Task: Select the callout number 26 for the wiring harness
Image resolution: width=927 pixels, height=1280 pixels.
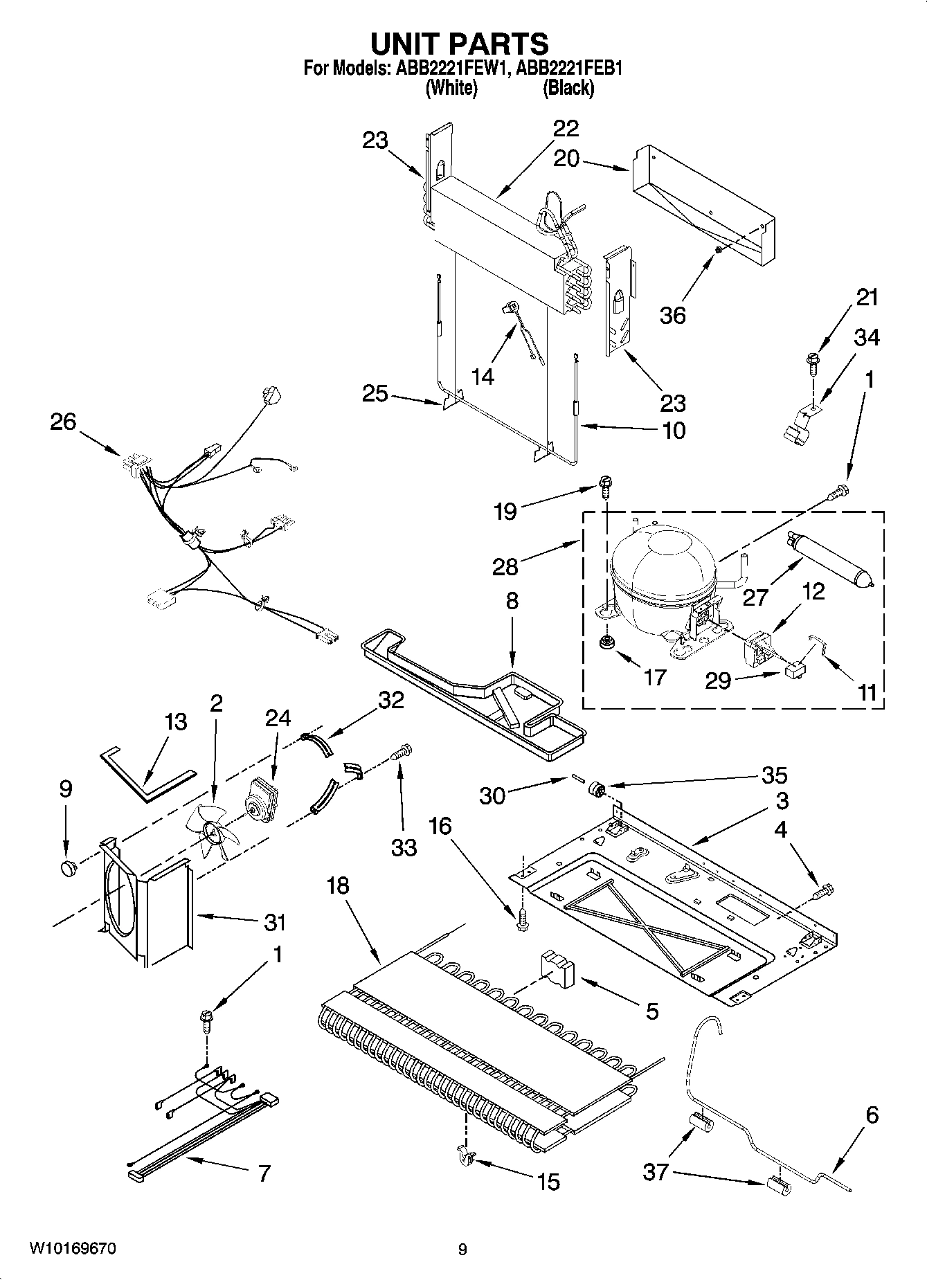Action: pyautogui.click(x=63, y=422)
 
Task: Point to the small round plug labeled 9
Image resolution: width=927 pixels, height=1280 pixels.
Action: pyautogui.click(x=67, y=868)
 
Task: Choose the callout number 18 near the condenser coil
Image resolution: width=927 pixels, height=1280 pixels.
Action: pyautogui.click(x=338, y=885)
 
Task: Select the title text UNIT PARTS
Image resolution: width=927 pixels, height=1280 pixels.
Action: pyautogui.click(x=460, y=44)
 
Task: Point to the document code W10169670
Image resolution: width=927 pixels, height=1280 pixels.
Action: pyautogui.click(x=72, y=1249)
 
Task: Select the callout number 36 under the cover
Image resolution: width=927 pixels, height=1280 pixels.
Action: pyautogui.click(x=672, y=315)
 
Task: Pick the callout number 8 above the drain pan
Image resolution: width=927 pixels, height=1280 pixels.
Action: pyautogui.click(x=512, y=600)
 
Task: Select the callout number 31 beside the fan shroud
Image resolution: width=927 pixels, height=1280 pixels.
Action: pyautogui.click(x=274, y=922)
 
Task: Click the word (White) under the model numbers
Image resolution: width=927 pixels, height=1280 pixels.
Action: pyautogui.click(x=451, y=88)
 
